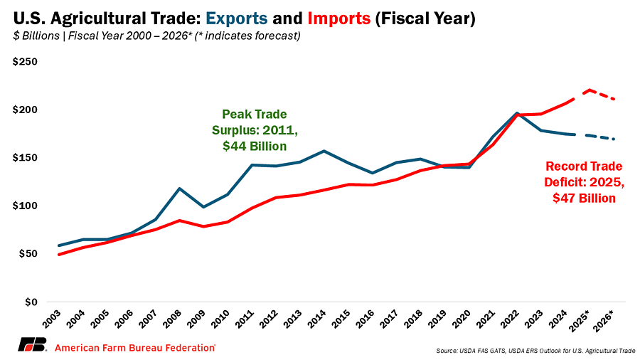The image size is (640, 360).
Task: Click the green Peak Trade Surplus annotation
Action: [x=250, y=130]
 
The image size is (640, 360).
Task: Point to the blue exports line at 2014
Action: [x=324, y=151]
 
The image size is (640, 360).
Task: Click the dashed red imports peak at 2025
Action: [x=590, y=90]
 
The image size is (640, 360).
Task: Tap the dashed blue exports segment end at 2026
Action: [x=614, y=139]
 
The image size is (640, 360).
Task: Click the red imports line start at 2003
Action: [x=58, y=254]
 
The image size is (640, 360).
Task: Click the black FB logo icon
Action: [x=33, y=346]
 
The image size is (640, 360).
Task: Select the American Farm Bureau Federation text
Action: [x=135, y=347]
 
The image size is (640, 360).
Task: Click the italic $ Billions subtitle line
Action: [x=156, y=36]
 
